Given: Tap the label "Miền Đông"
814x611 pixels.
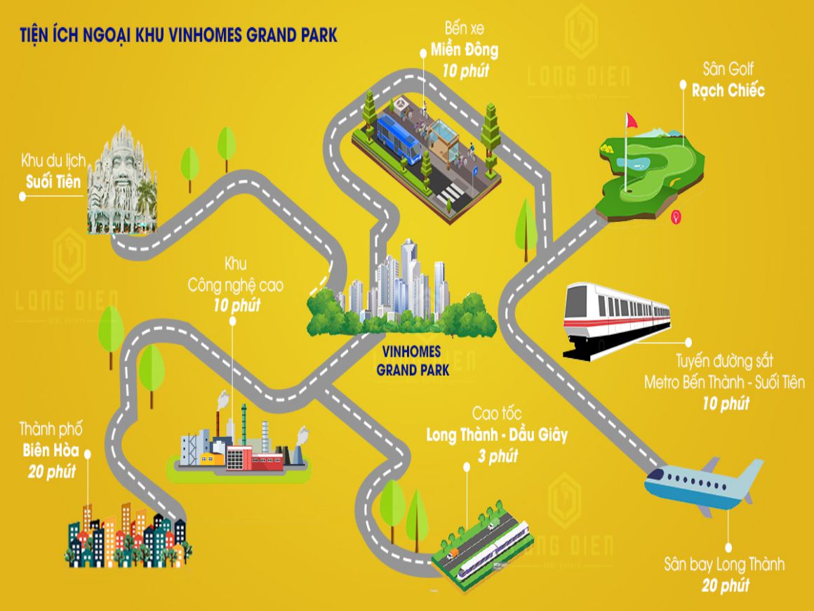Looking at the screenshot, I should (465, 51).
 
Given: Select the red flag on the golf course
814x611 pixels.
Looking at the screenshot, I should (630, 121).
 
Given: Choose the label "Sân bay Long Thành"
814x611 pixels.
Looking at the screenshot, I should (724, 564).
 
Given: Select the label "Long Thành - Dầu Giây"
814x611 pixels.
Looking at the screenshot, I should (497, 435).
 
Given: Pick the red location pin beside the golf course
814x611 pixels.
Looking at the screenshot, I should (675, 217).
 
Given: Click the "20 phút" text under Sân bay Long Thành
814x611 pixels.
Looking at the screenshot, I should (724, 584).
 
